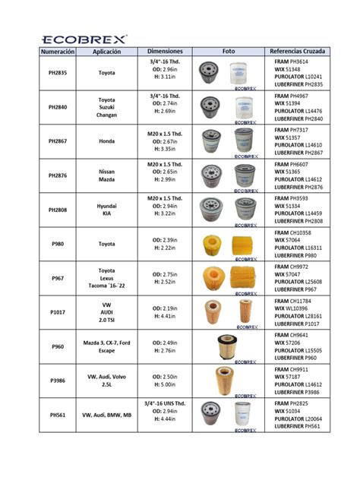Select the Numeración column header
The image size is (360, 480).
tap(57, 52)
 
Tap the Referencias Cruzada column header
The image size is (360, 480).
tap(298, 52)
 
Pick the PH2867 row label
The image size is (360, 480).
tap(57, 141)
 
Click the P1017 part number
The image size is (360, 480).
tap(57, 311)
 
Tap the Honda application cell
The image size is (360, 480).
tap(106, 141)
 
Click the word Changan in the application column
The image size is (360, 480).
tap(106, 115)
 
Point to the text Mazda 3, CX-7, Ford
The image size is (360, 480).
tap(107, 343)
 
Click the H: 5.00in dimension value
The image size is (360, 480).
tap(165, 384)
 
